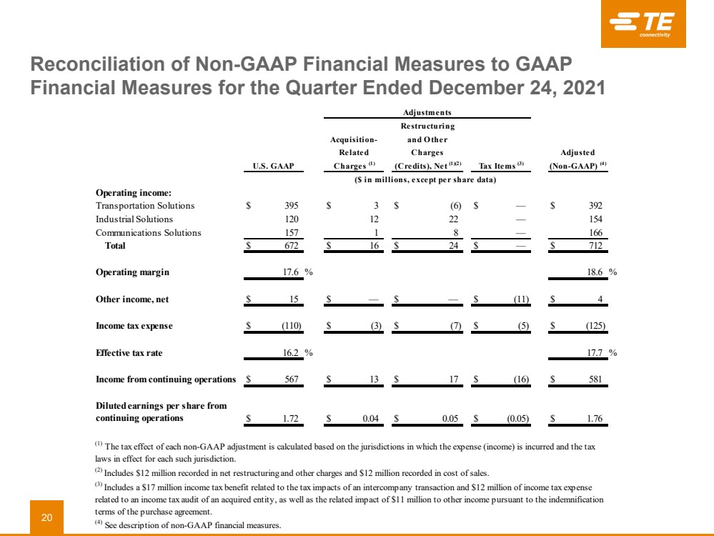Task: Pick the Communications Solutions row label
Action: pos(149,232)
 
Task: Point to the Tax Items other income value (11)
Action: pos(518,299)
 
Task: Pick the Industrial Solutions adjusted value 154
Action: pos(595,219)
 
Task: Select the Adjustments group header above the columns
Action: pos(427,112)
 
